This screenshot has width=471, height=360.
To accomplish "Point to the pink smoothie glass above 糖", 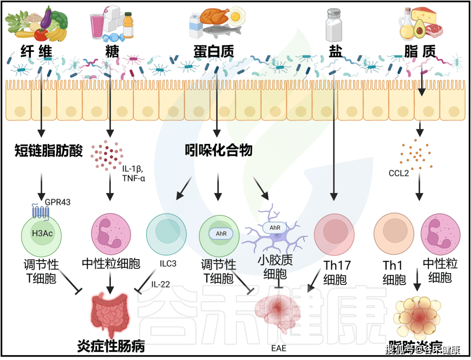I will coord(96,25).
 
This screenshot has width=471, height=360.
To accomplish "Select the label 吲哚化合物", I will coord(218,151).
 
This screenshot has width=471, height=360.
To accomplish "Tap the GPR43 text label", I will coord(58,202).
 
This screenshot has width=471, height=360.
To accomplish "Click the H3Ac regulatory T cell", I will coord(42,233).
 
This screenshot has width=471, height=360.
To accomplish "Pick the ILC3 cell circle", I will coord(166,233).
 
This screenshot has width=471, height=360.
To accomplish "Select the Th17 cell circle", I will coord(334,233).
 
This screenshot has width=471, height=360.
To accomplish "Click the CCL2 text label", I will coord(399,173).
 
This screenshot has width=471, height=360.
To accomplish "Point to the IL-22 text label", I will coord(160,285).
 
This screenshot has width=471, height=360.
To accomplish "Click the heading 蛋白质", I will coord(214,52).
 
